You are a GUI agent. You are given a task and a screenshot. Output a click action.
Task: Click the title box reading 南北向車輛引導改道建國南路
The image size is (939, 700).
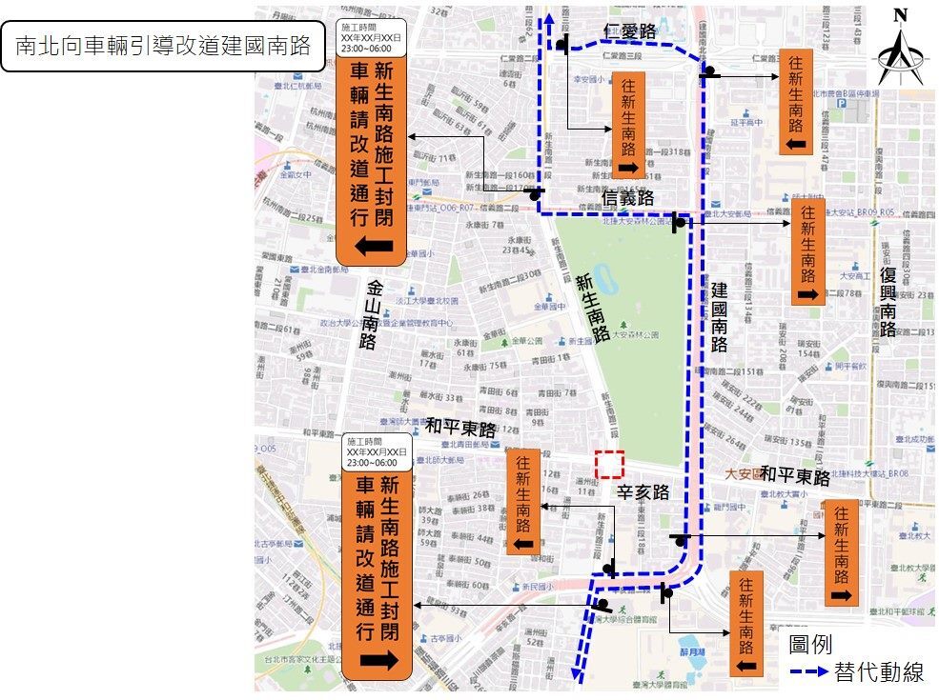point(163,46)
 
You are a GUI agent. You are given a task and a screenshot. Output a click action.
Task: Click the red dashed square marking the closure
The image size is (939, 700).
point(608,464)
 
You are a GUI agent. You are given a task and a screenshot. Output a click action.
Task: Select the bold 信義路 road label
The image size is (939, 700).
point(629,198)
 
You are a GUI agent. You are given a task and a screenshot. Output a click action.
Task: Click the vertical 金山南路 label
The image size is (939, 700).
point(371,314)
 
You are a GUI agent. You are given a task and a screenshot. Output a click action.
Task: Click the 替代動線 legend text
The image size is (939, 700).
point(878,671)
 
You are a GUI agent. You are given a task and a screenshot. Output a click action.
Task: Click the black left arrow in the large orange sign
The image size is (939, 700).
point(376,247)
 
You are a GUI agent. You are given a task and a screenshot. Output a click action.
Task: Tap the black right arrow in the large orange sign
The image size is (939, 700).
point(378,660)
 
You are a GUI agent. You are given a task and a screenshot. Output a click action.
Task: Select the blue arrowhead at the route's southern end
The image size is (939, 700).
point(578,675)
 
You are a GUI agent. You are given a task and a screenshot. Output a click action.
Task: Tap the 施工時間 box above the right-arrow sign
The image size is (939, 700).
point(377,451)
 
